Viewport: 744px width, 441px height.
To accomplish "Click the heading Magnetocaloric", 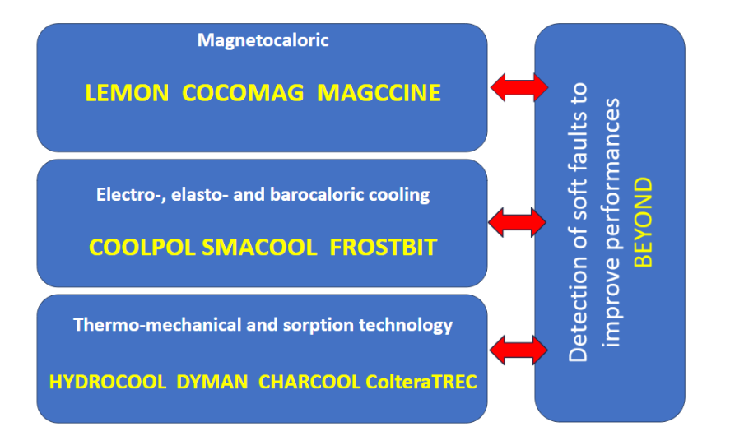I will [x=263, y=39].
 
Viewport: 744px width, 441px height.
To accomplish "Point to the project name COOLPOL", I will [x=142, y=247].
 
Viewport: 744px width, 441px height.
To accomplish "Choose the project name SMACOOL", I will [x=258, y=247].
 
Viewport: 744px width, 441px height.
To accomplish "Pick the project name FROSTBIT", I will [x=383, y=247].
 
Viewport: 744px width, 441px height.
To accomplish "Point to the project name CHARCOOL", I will [x=309, y=382].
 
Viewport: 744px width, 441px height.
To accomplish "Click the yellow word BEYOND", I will [x=644, y=221].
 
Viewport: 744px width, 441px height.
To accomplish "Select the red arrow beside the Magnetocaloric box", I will [x=518, y=85].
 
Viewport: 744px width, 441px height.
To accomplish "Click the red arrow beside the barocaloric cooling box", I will [x=518, y=220].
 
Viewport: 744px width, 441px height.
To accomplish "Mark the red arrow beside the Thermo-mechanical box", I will [x=518, y=349].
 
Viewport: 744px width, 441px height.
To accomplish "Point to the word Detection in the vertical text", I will [x=579, y=322].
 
